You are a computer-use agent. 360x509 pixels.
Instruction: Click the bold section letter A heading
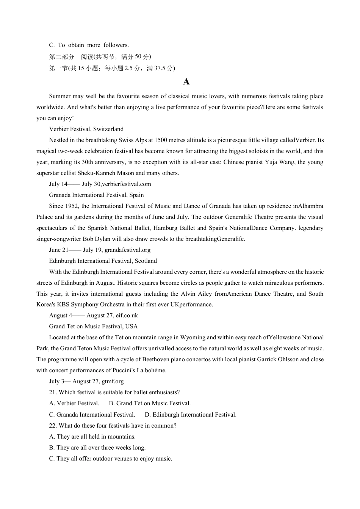tap(186, 82)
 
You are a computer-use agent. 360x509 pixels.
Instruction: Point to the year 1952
tap(72, 206)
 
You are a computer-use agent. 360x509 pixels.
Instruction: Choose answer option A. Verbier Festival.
tap(74, 403)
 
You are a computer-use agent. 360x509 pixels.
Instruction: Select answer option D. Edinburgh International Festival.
tap(191, 415)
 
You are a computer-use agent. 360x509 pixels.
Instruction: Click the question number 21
tap(53, 392)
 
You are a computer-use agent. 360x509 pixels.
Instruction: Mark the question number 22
tap(53, 426)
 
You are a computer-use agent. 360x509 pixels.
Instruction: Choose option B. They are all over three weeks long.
tap(97, 448)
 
